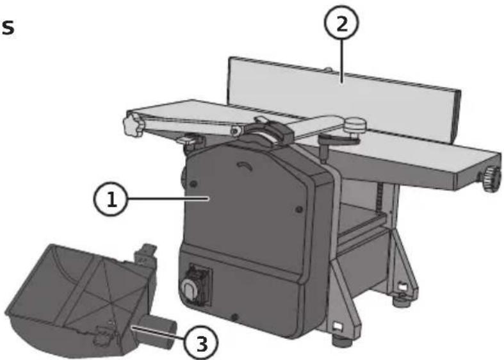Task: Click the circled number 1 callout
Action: (x=111, y=199)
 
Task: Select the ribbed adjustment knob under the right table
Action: (x=491, y=177)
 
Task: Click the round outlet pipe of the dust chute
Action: (x=158, y=332)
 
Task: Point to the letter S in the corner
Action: (x=8, y=28)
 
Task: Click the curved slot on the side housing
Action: (x=245, y=166)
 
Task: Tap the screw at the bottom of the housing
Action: (x=235, y=317)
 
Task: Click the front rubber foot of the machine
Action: (x=341, y=341)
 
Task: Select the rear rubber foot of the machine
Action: (x=402, y=302)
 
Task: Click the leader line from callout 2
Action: (x=342, y=61)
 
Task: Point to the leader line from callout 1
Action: (x=168, y=199)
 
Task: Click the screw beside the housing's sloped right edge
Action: (x=299, y=209)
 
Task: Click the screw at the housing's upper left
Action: (x=193, y=184)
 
